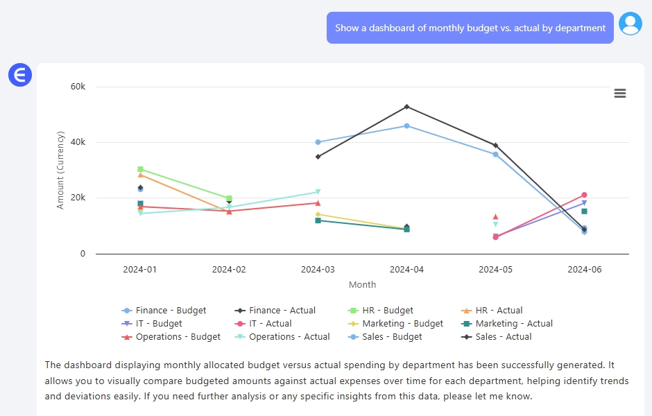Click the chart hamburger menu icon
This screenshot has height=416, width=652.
coord(620,94)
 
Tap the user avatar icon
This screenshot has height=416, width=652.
coord(630,24)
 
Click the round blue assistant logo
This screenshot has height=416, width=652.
coord(20,74)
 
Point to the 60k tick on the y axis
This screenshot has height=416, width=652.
coord(78,87)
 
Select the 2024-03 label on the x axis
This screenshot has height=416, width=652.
coord(318,269)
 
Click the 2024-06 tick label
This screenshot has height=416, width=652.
coord(584,269)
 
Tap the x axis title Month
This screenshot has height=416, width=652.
coord(362,284)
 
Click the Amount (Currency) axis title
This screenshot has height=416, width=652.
coord(60,170)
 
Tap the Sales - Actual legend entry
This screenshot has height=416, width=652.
coord(497,337)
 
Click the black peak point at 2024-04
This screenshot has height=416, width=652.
coord(406,107)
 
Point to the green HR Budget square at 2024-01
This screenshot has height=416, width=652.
coord(140,169)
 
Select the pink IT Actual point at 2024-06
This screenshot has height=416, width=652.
coord(584,195)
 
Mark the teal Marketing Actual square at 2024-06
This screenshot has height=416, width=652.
coord(584,211)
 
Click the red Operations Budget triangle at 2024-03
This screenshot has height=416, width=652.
coord(318,203)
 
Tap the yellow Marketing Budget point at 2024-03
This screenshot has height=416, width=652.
coord(318,214)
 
